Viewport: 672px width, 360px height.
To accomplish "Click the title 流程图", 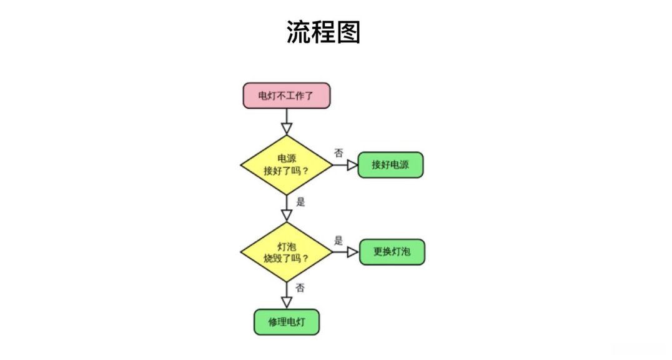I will coord(324,32).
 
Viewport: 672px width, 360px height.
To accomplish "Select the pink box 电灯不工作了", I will coord(287,96).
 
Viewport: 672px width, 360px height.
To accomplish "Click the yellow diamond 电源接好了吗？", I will coord(287,165).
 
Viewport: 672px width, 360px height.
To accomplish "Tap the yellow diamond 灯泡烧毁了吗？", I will coord(287,252).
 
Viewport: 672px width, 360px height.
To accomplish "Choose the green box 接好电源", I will coord(390,165).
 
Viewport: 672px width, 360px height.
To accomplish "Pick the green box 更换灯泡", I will coord(392,252).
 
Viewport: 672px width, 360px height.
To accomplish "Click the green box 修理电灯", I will coord(287,322).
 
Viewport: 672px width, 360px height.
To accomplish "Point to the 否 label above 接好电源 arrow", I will coord(338,153).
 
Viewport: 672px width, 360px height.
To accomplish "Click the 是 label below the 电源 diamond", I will coord(300,202).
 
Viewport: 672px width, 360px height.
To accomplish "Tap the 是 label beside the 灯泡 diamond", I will coord(338,240).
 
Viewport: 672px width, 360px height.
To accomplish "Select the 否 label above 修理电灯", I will coord(300,287).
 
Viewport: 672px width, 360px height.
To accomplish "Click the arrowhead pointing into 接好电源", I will coord(352,165).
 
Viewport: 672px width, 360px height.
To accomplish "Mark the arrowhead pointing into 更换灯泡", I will coord(353,252).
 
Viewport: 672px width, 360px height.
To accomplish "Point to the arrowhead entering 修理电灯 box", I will coord(287,302).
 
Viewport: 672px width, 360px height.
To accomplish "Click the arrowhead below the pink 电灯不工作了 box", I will coord(287,129).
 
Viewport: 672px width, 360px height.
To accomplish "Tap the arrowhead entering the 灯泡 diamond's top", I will coord(287,215).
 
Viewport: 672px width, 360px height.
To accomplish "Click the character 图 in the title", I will coord(348,32).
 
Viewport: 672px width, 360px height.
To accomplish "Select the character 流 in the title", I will coord(299,32).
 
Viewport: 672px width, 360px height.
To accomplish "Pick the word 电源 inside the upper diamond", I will coord(287,159).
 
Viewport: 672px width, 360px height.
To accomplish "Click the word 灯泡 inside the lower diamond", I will coord(287,246).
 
